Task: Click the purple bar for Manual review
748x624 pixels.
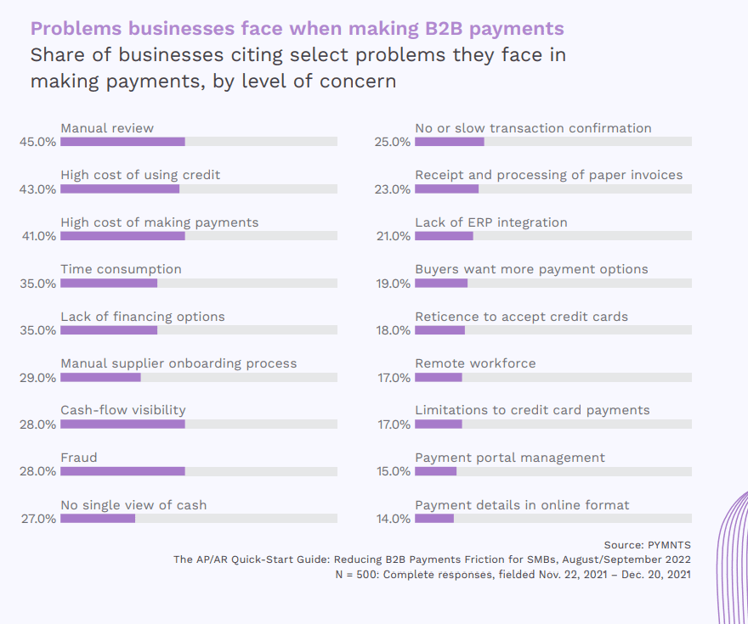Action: coord(122,142)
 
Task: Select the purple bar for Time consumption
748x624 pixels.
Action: coord(109,283)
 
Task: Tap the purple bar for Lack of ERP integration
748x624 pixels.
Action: coord(444,236)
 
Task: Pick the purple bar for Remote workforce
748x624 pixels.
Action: coord(439,377)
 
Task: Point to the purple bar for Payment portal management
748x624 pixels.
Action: coord(435,471)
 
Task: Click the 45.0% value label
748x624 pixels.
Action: coord(37,143)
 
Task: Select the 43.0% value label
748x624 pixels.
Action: coord(37,189)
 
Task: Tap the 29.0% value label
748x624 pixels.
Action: coord(37,378)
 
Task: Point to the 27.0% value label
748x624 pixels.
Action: coord(37,519)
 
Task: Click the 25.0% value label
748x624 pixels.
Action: coord(393,143)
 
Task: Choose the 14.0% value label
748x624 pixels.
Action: coord(393,519)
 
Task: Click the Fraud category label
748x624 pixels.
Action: coord(79,458)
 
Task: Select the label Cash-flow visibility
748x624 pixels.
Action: coord(123,410)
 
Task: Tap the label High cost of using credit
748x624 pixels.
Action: coord(140,175)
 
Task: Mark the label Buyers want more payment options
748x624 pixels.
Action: coord(531,269)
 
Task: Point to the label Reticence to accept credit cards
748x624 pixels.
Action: coord(521,317)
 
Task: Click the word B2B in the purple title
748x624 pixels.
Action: coord(445,29)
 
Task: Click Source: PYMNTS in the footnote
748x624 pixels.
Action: coord(647,543)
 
